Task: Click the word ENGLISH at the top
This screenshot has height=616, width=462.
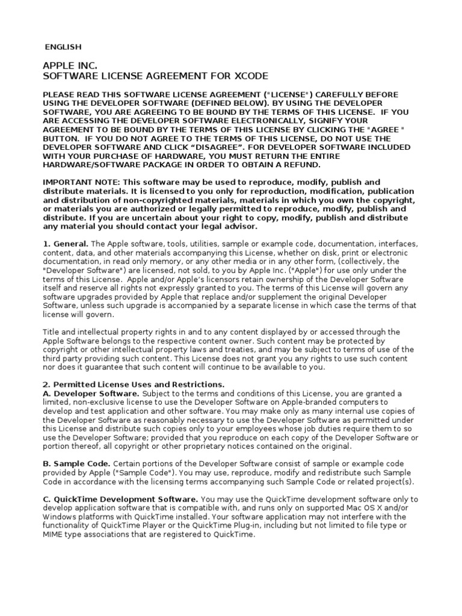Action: pos(64,47)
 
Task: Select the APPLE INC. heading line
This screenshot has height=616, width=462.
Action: pos(70,65)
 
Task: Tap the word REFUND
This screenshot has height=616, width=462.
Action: pos(302,165)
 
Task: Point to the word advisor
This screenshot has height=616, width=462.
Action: pos(240,226)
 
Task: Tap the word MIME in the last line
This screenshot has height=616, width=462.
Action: pos(54,534)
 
